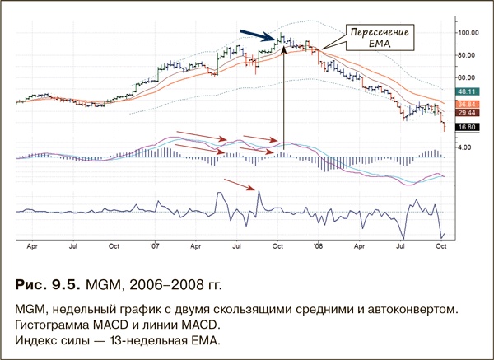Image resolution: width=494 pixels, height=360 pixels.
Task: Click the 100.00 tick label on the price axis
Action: click(x=468, y=33)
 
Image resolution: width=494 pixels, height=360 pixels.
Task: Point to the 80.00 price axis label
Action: click(x=466, y=55)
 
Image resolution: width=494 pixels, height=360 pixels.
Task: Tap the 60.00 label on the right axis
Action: click(x=466, y=77)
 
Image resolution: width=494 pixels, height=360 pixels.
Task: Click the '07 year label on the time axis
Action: click(x=156, y=245)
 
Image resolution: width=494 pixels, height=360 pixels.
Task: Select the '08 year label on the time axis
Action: click(x=317, y=245)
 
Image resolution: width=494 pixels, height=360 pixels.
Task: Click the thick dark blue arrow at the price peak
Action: click(x=257, y=34)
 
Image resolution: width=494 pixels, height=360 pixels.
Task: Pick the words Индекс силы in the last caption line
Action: click(x=53, y=339)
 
